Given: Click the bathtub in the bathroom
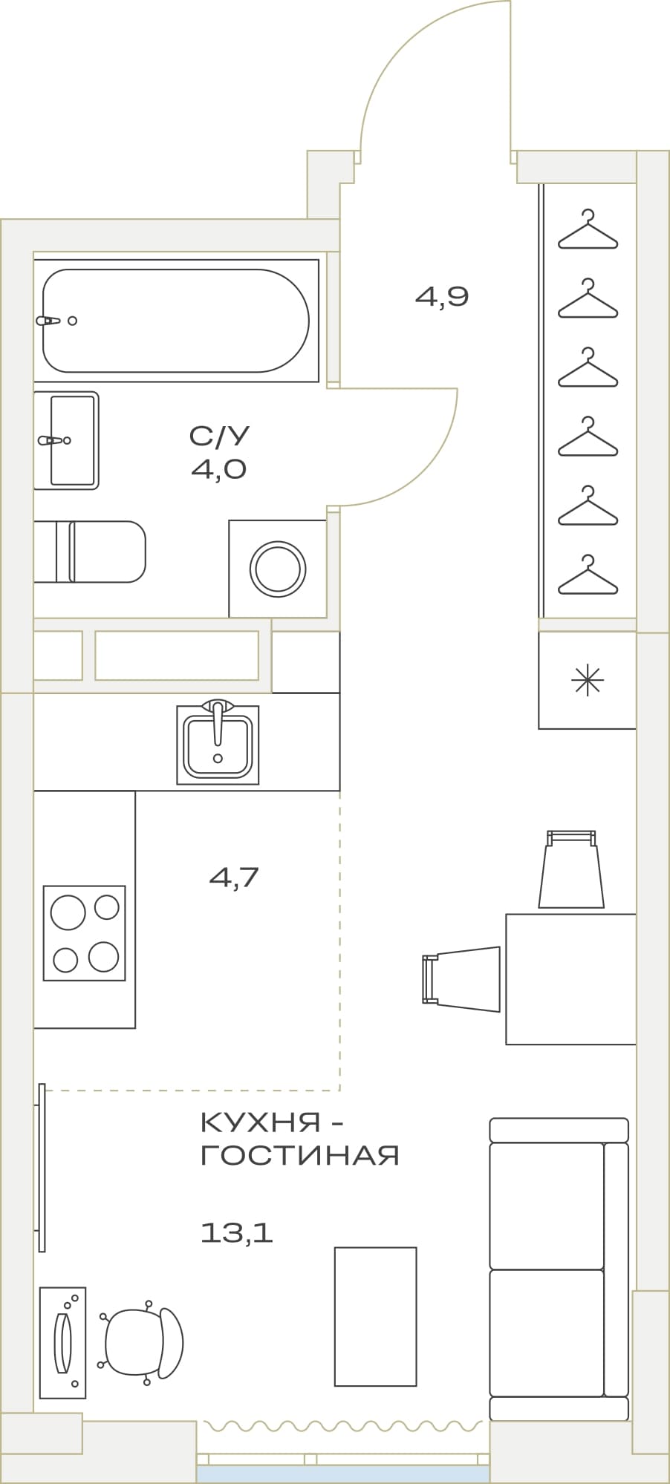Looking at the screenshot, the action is point(176,321).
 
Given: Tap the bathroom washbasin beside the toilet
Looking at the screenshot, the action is point(66,440).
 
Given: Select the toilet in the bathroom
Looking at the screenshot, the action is point(90,552).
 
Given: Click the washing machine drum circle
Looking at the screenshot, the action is point(278,569).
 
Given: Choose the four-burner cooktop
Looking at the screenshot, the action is point(84,933).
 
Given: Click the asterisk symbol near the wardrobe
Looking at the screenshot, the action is point(587,680).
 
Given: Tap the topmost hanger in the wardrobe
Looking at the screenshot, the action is point(588,229).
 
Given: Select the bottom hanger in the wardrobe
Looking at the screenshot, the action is point(588,575).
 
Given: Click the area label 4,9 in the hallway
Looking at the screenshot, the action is point(442,297).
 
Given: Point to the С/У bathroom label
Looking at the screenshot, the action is point(219,436).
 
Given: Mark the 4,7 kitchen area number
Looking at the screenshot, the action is point(234,877).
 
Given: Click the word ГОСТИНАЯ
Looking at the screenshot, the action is point(300,1155).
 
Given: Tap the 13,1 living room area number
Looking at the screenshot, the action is point(237,1233).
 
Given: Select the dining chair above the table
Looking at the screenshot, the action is point(571,869).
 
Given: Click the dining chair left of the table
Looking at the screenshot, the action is point(461,979).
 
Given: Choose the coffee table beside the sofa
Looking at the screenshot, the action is point(375,1317).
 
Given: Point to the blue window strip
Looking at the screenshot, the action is point(343,1474).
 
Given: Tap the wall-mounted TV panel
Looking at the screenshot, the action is point(42,1168).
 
